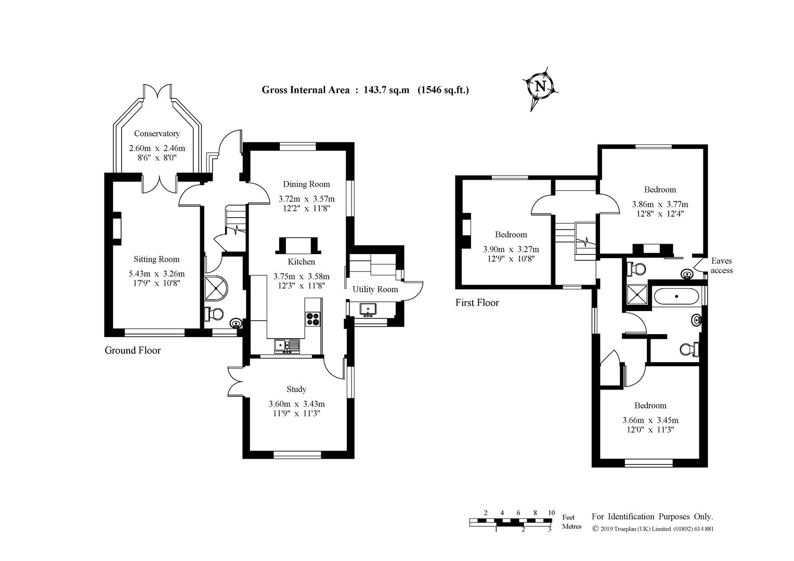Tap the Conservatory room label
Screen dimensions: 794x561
pos(157,133)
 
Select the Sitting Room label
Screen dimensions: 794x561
pos(156,259)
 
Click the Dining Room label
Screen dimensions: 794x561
pos(306,184)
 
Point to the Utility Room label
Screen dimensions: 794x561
pos(375,289)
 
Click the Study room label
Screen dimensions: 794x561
pos(296,389)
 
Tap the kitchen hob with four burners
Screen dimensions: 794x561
pos(313,318)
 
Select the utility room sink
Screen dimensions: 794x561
pos(368,309)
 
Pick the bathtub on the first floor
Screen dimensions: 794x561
pos(676,297)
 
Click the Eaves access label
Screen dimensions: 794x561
pos(721,265)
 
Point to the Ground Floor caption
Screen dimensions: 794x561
pos(133,350)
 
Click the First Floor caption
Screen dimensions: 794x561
pos(477,302)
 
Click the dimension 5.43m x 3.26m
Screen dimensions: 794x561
pos(157,274)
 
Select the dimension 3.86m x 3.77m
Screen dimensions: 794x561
pos(660,204)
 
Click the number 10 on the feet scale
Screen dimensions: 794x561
pos(551,513)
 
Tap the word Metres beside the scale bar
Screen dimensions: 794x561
pos(571,526)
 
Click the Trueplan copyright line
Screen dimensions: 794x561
pos(653,529)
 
